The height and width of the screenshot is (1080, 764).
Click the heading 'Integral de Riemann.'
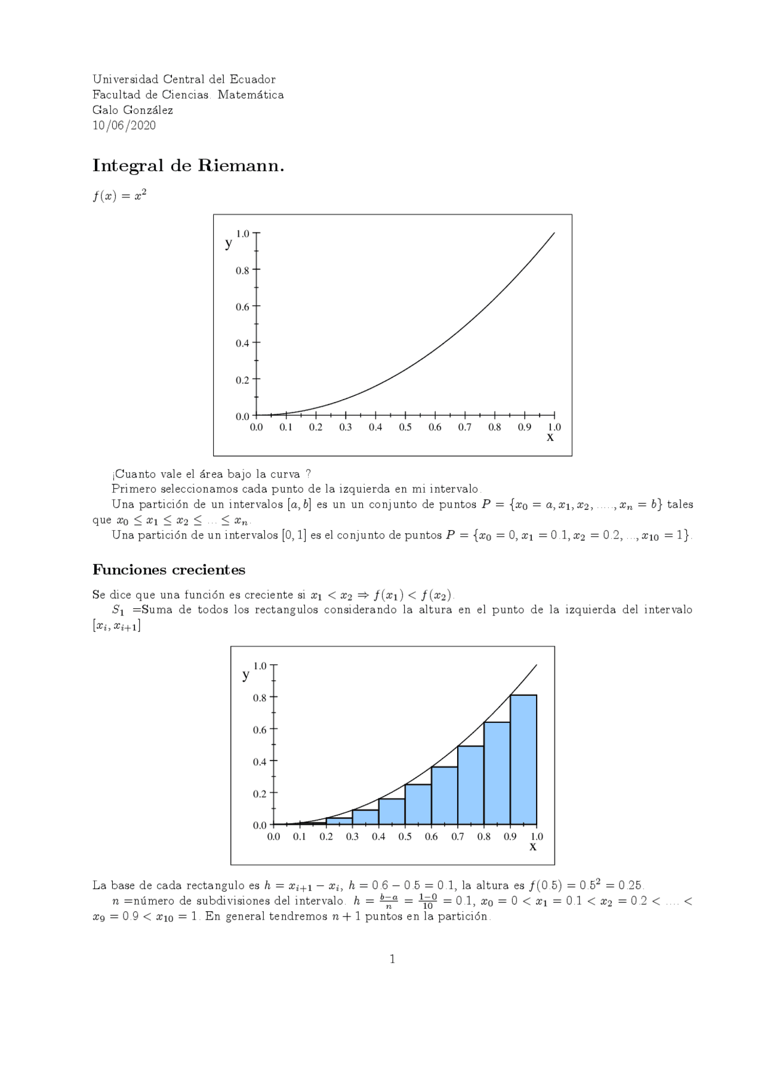point(188,166)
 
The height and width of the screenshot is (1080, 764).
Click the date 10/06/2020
point(124,125)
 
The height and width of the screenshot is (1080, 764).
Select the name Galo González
point(133,110)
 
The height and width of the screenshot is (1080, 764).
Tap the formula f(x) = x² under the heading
point(119,196)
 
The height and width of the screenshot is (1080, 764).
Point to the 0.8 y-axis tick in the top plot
point(242,270)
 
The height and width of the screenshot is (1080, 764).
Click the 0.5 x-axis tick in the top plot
point(405,427)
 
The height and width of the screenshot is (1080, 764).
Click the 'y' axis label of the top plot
point(229,243)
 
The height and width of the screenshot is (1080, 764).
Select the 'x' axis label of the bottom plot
point(533,846)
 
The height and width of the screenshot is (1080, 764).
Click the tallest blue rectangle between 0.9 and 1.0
point(523,760)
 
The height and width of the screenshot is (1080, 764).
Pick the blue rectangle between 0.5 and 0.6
point(418,805)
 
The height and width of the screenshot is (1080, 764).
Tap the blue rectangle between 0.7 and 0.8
point(470,786)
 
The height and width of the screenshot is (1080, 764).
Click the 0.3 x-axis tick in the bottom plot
point(352,836)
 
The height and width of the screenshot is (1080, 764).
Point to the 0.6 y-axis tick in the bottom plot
point(260,729)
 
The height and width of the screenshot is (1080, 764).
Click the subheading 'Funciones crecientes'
point(169,570)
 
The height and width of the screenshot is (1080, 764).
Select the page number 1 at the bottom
point(392,959)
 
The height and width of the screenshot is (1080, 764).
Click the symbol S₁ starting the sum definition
point(118,610)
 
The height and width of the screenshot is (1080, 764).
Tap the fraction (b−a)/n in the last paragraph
point(389,901)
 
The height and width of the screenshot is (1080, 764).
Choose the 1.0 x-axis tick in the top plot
point(554,427)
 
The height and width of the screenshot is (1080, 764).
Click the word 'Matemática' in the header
point(251,95)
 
